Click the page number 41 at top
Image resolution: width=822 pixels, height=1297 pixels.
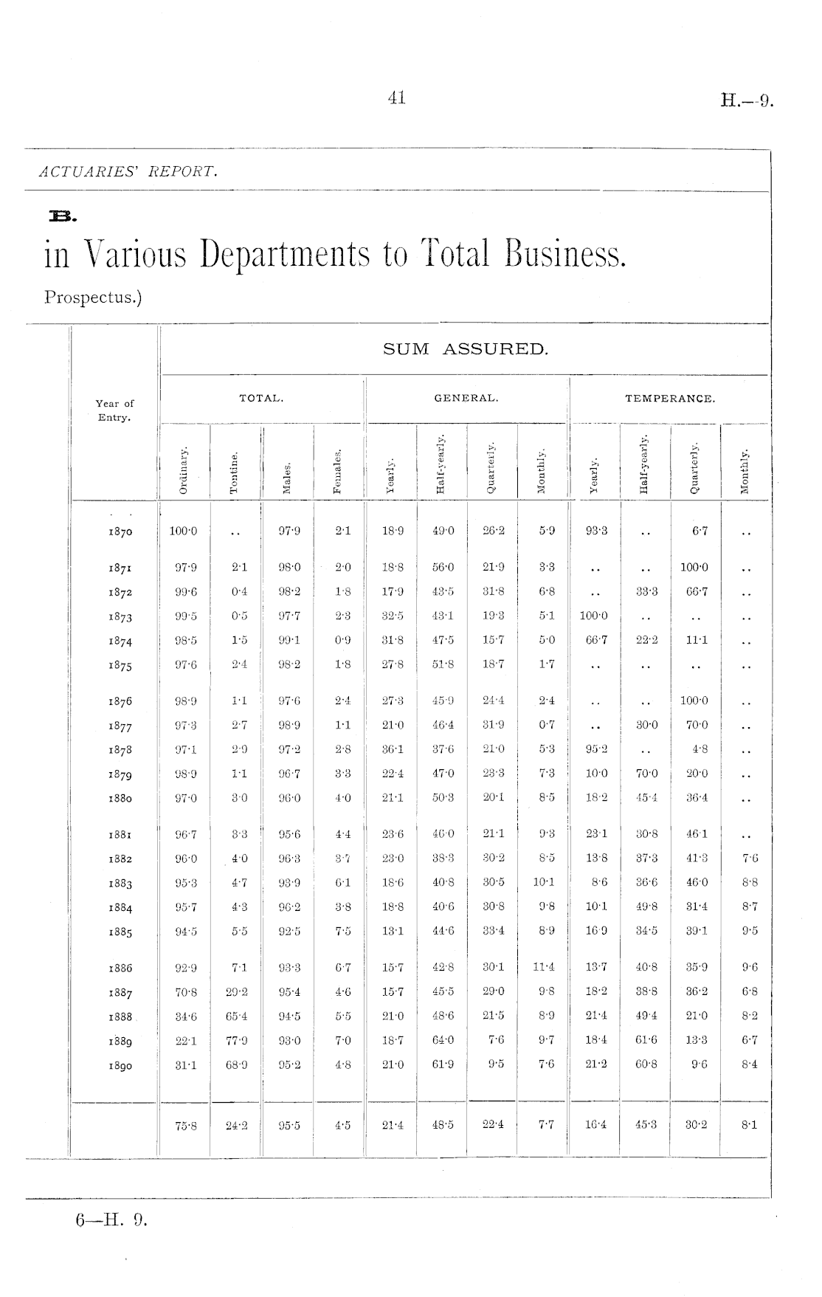tap(396, 98)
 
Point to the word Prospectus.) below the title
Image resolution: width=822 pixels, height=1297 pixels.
tap(92, 297)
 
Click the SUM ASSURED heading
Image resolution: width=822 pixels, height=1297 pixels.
tap(466, 349)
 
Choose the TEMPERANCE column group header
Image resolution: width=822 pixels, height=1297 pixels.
tap(670, 399)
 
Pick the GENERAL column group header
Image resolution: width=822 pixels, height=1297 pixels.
tap(466, 399)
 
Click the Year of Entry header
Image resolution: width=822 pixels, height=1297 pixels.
tap(114, 410)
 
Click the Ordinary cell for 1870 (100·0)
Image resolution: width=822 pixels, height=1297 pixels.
tap(183, 531)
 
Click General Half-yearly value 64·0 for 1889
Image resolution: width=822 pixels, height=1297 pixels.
tap(443, 1040)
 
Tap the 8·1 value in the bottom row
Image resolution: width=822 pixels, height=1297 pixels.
tap(748, 1126)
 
